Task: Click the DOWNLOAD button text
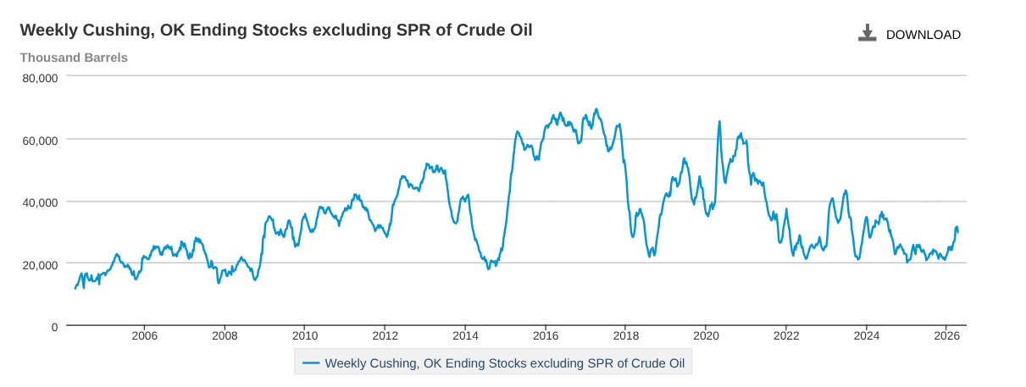coord(923,35)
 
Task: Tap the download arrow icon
coord(867,34)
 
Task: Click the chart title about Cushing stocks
coord(276,30)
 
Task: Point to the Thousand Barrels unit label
coord(74,58)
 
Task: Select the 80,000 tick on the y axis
coord(40,77)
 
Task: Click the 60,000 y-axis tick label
coord(40,140)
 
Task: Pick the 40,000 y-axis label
coord(40,202)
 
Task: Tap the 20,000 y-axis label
coord(40,264)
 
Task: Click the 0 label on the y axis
coord(54,327)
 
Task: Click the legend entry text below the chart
coord(505,363)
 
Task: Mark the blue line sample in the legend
coord(311,363)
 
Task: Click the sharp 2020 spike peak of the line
coord(719,122)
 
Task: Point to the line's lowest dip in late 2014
coord(488,268)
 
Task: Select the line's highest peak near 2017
coord(596,109)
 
